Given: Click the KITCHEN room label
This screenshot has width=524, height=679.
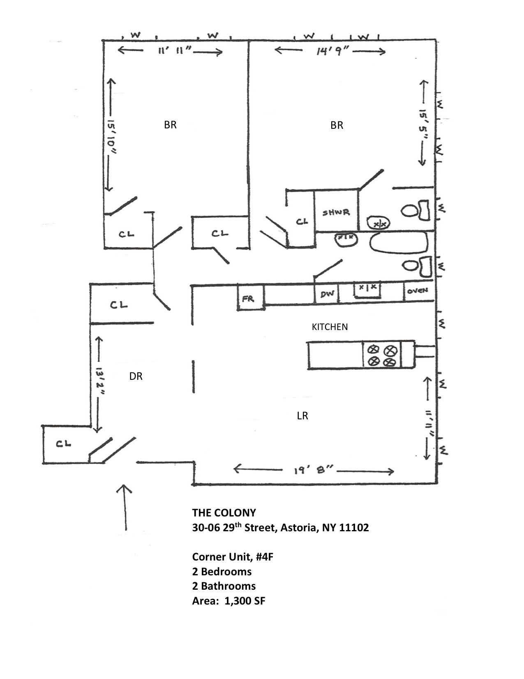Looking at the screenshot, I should [x=330, y=327].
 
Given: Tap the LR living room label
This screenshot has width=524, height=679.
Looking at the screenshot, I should [x=302, y=416].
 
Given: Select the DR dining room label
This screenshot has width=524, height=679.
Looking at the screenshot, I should [x=136, y=376].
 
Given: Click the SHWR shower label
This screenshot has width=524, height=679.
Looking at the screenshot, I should [x=336, y=212].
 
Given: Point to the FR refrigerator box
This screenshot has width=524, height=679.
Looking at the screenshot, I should [x=248, y=299].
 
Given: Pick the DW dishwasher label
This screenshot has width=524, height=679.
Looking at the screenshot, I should [x=327, y=294].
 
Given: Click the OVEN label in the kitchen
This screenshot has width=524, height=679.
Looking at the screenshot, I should [x=418, y=291].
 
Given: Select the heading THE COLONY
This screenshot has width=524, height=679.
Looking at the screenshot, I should [x=224, y=513].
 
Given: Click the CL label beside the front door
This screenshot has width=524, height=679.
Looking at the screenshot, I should [x=64, y=444].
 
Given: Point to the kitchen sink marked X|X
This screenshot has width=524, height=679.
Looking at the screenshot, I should [x=367, y=288].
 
